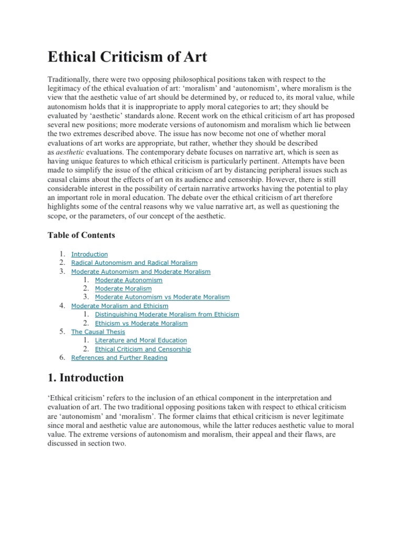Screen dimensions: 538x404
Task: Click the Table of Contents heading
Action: [81, 235]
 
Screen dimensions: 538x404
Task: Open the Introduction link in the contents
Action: [89, 254]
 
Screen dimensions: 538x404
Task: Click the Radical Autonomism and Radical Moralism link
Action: [134, 263]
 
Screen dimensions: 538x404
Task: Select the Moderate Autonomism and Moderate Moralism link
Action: [140, 272]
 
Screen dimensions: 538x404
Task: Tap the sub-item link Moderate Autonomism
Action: [128, 280]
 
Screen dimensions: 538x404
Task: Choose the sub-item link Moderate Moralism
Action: [123, 288]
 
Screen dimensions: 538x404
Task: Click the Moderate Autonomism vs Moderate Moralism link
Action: [162, 297]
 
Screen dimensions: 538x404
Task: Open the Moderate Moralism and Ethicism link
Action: [119, 306]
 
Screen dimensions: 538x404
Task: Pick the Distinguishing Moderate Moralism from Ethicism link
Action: [167, 314]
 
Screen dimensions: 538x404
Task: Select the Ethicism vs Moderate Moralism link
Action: [141, 323]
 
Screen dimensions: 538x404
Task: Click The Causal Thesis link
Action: [98, 332]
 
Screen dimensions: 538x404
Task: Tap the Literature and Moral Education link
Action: [140, 340]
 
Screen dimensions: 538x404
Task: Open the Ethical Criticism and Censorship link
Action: [143, 349]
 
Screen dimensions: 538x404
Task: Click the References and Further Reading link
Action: [119, 358]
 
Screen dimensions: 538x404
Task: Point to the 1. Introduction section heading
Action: [86, 378]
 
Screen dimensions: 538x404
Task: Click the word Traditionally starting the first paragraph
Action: [70, 79]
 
